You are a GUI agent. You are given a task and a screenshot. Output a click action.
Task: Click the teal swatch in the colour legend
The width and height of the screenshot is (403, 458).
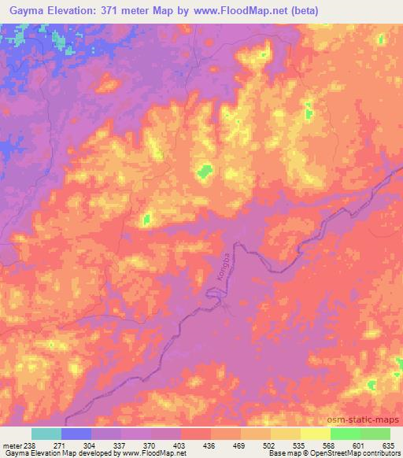pos(46,434)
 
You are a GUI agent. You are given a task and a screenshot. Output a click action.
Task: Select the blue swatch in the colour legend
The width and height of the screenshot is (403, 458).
pos(76,434)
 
